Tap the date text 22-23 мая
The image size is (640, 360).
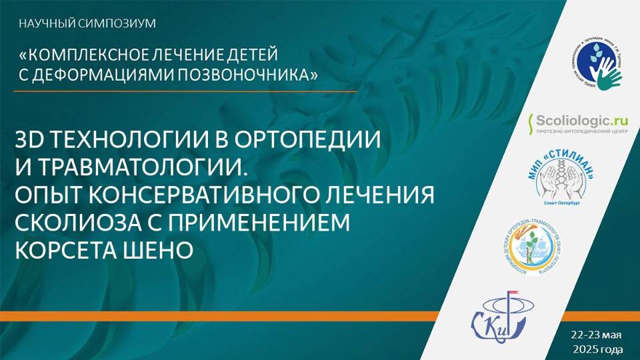(595, 334)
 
